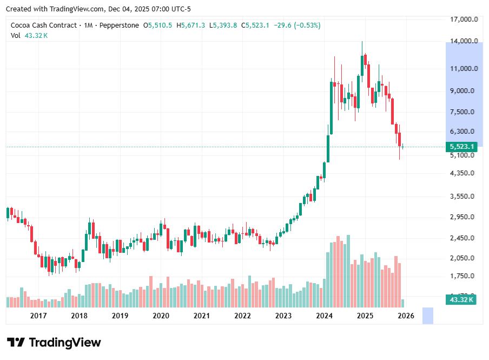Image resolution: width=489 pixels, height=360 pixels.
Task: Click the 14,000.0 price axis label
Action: (464, 41)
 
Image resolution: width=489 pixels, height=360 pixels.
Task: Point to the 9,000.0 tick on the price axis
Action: (464, 90)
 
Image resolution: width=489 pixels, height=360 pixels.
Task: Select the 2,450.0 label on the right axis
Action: (464, 238)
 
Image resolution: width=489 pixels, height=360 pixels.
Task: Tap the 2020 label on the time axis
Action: (161, 316)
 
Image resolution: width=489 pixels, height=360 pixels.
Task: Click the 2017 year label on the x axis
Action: (38, 316)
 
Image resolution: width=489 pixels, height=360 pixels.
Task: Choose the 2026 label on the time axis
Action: (406, 316)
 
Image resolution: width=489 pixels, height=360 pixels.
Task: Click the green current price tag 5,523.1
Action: (461, 147)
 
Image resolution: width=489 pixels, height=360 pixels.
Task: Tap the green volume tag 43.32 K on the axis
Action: (461, 299)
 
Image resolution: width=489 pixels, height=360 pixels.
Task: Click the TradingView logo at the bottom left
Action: (54, 343)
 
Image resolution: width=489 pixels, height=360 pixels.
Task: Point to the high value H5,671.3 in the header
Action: (193, 25)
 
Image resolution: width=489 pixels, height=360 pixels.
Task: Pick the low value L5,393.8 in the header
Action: (223, 25)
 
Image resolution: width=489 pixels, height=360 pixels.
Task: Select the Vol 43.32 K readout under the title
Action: (29, 35)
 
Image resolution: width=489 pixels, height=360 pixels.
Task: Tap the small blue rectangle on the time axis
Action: (428, 316)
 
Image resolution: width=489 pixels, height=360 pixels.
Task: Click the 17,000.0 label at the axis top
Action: (464, 19)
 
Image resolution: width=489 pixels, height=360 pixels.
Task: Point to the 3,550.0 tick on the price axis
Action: (464, 197)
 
